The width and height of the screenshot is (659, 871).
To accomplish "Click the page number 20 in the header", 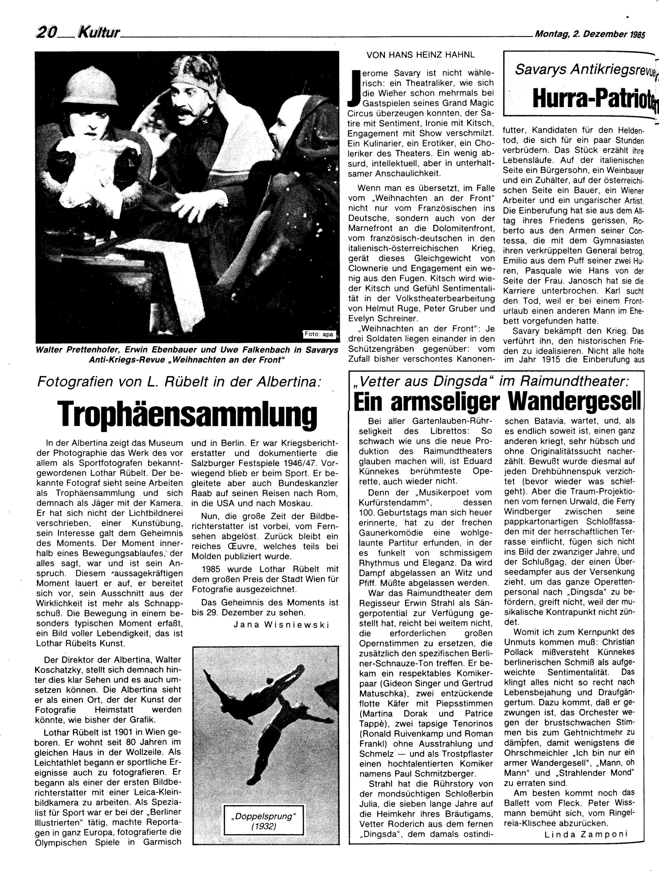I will (x=46, y=33).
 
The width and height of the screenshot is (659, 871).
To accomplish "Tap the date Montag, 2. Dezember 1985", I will (x=590, y=34).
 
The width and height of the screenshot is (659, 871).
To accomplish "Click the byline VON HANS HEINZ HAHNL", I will (x=421, y=56).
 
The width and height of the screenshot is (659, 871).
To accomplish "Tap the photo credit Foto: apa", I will (x=320, y=335).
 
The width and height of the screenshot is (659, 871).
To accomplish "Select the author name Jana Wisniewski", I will (x=281, y=625).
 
